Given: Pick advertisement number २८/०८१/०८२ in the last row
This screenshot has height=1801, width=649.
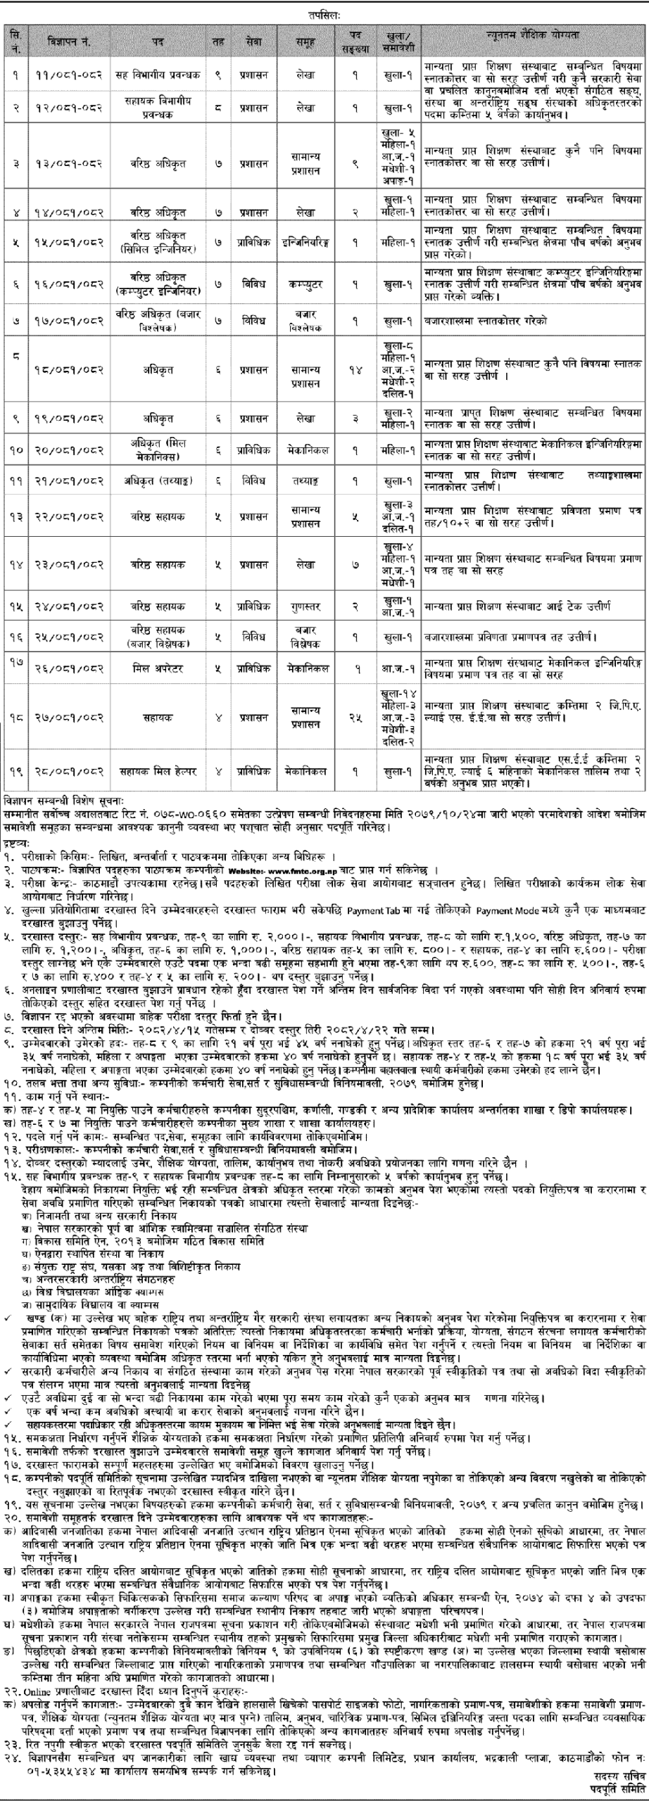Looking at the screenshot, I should [68, 771].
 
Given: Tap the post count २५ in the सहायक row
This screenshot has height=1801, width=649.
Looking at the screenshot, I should [356, 718].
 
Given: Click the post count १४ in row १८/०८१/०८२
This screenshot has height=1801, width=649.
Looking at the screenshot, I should [356, 369].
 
